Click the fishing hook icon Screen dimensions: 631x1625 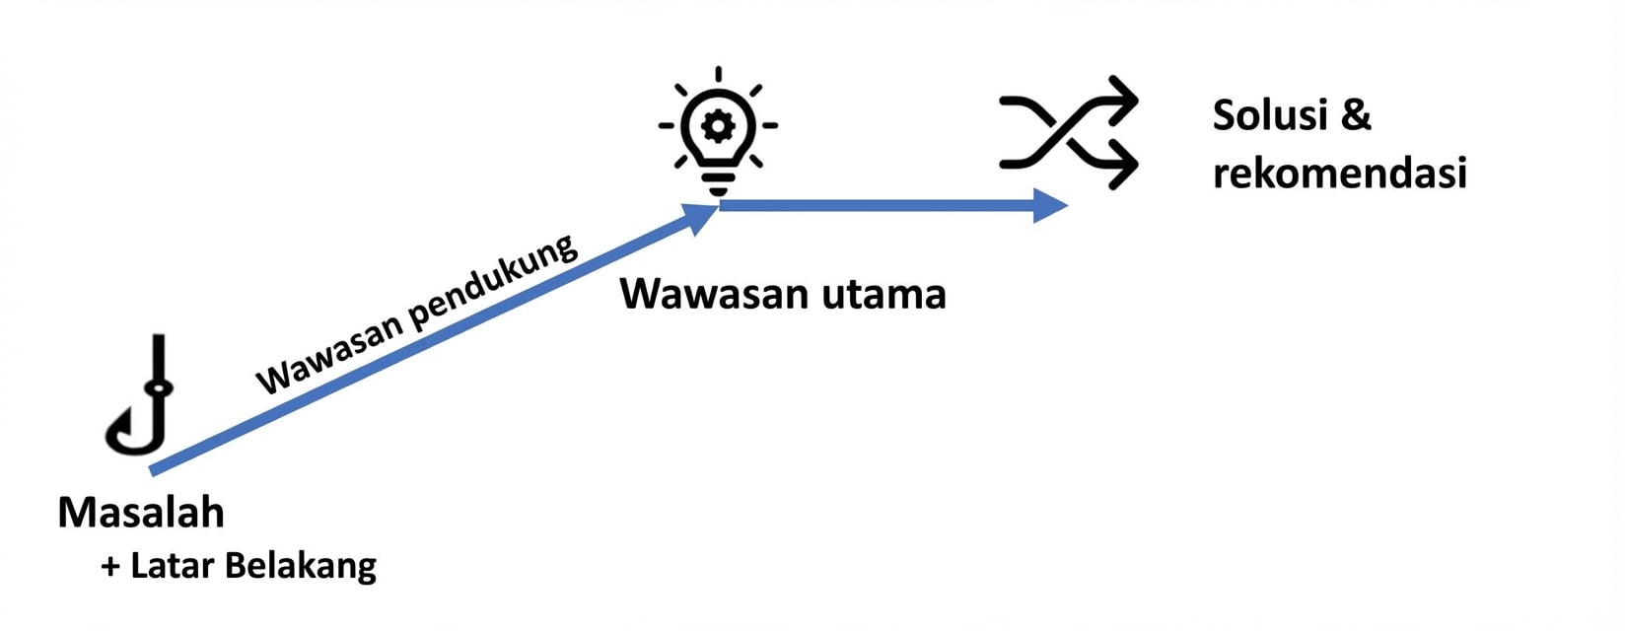pyautogui.click(x=140, y=399)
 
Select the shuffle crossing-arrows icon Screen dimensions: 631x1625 pyautogui.click(x=1068, y=131)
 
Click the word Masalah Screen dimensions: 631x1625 pyautogui.click(x=141, y=513)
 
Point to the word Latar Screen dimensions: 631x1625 pyautogui.click(x=173, y=566)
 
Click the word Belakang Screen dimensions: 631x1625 pyautogui.click(x=301, y=567)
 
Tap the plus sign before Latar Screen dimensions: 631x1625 pyautogui.click(x=110, y=567)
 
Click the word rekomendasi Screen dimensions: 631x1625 pyautogui.click(x=1339, y=174)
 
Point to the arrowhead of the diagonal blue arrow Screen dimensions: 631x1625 pyautogui.click(x=702, y=217)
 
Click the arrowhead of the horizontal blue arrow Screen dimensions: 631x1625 pyautogui.click(x=1051, y=205)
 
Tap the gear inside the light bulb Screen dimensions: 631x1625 pyautogui.click(x=718, y=125)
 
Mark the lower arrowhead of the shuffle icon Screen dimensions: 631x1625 pyautogui.click(x=1125, y=163)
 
